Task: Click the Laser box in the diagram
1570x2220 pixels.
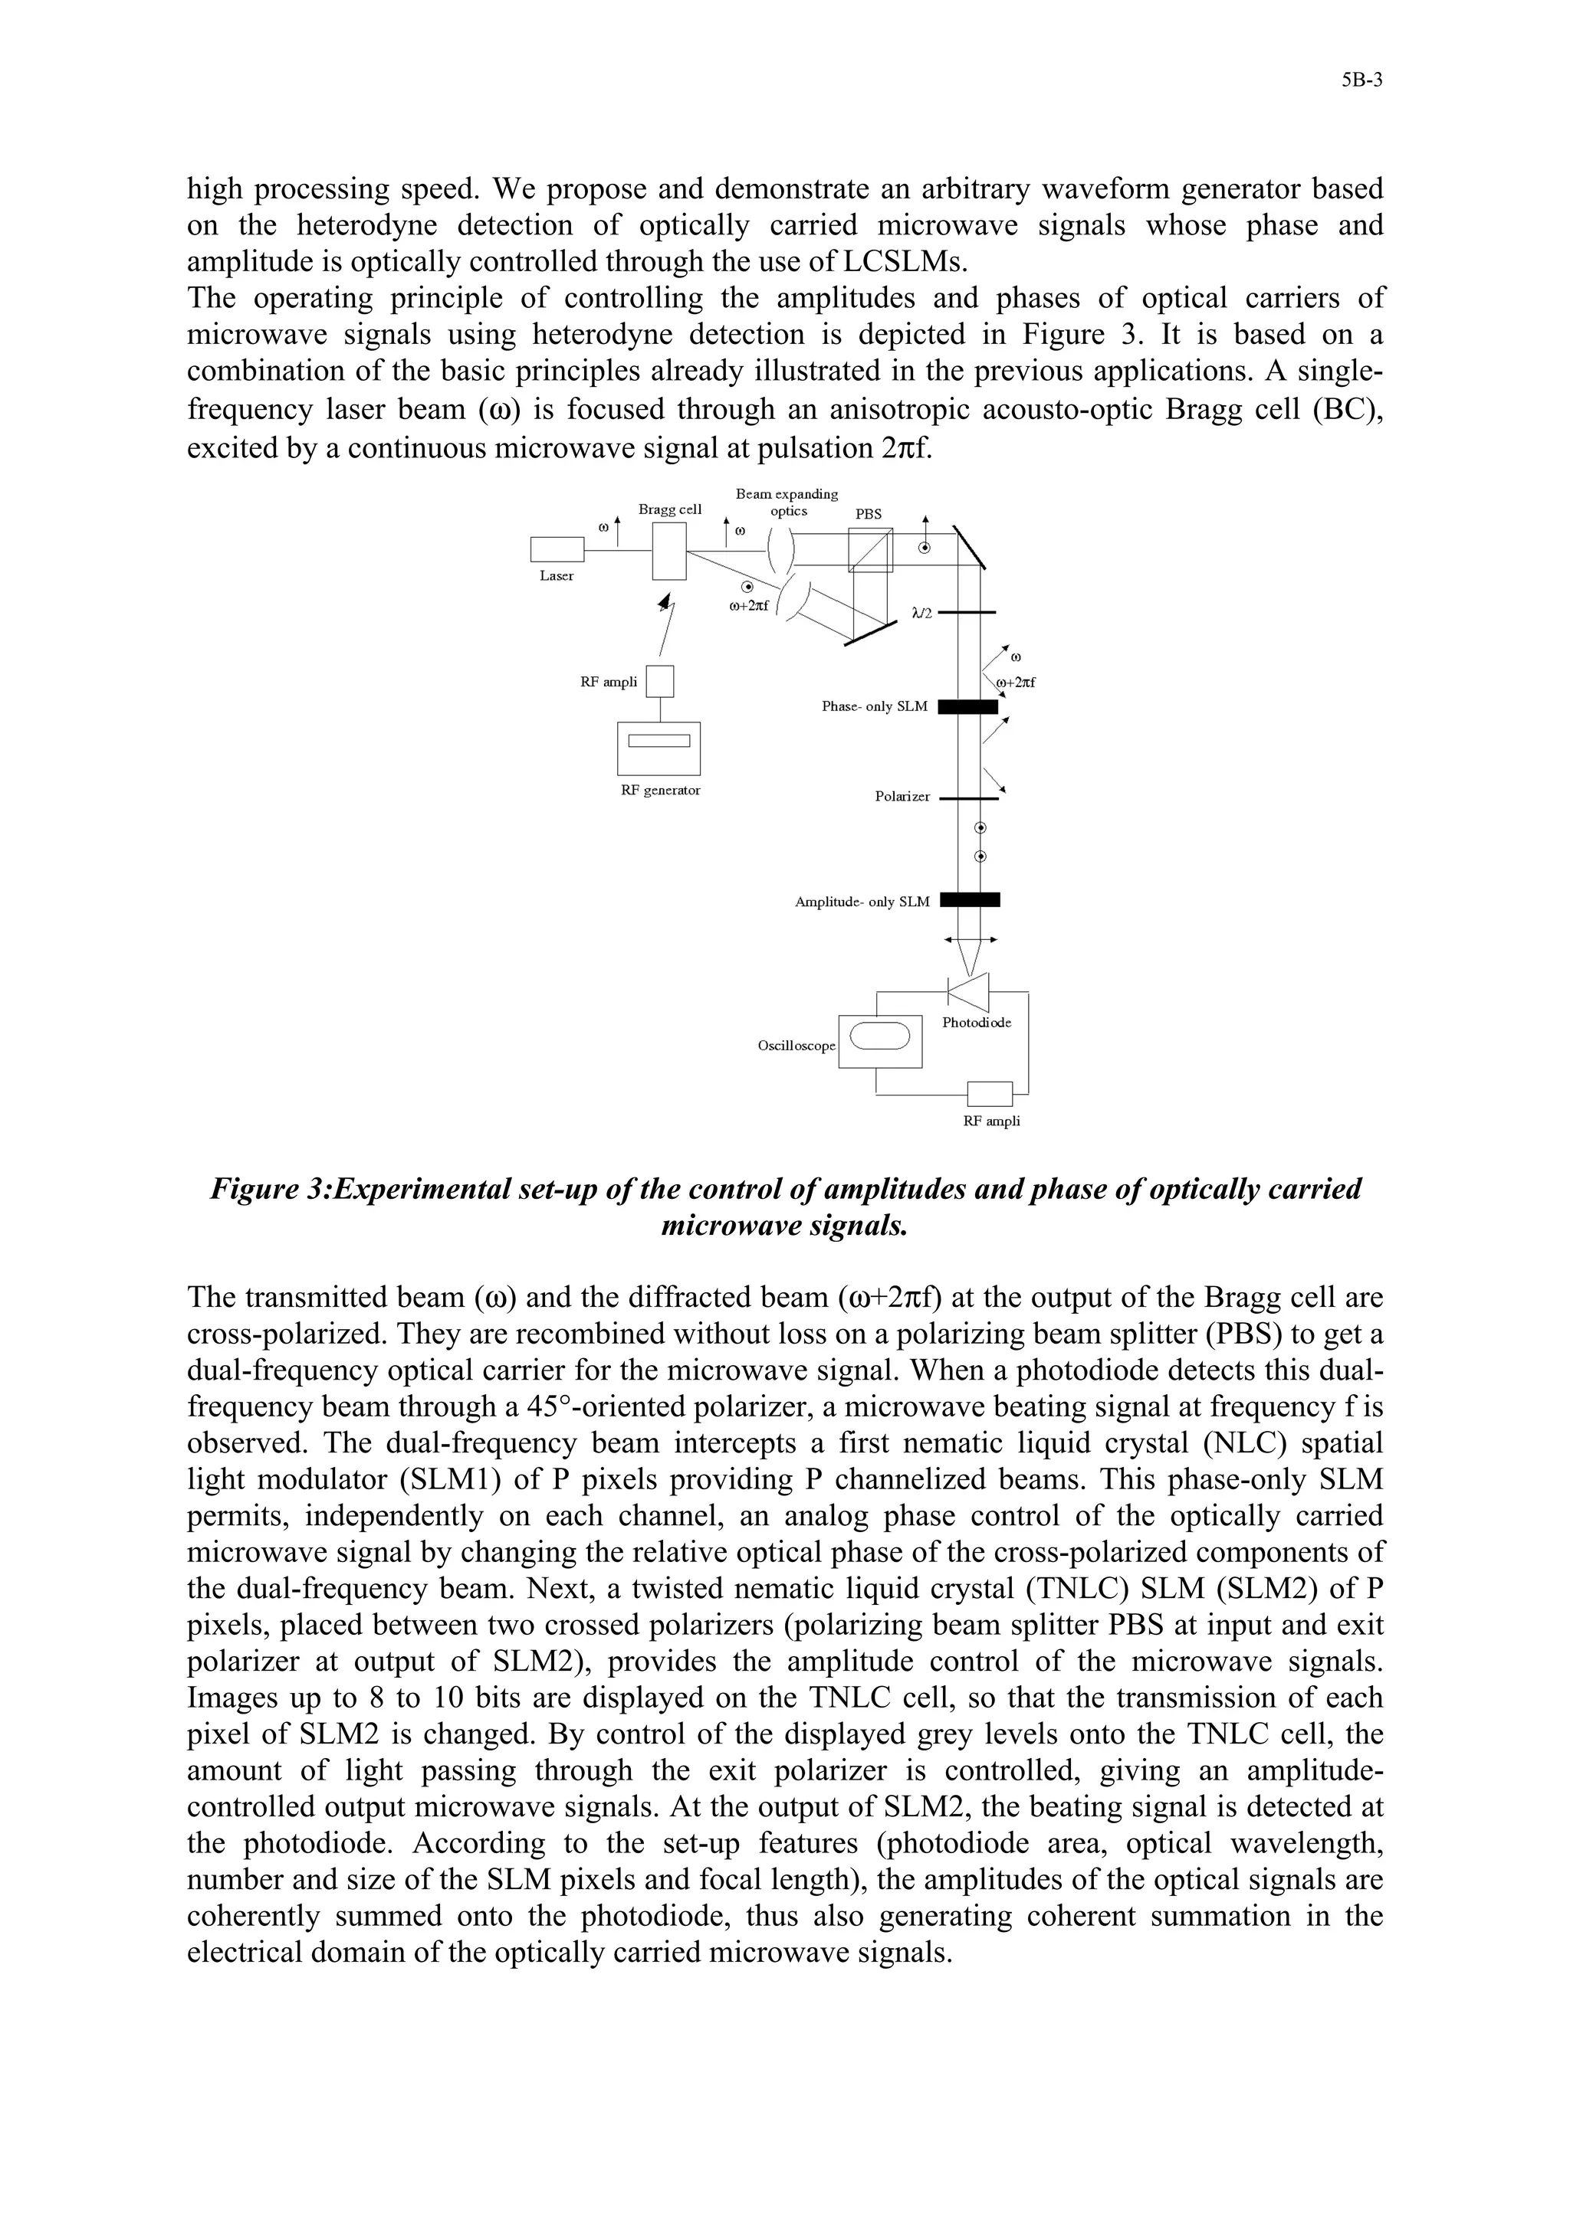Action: click(x=557, y=549)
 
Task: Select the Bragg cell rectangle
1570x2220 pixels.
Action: click(x=669, y=550)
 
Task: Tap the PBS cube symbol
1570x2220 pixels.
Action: click(x=869, y=549)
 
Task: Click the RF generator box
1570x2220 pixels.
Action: click(x=659, y=748)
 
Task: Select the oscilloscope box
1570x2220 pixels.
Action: click(x=879, y=1040)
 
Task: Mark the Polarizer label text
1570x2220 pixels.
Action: click(x=902, y=797)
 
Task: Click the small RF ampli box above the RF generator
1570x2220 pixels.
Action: click(x=660, y=682)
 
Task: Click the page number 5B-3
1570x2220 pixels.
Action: click(x=1361, y=81)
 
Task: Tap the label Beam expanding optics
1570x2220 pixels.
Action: click(x=787, y=502)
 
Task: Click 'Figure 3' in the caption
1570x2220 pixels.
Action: click(x=270, y=1188)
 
